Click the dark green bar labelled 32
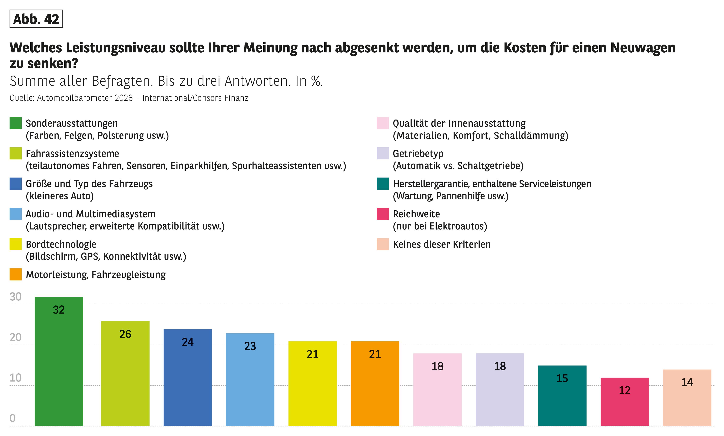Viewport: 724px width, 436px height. (59, 361)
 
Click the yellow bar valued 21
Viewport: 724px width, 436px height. (312, 383)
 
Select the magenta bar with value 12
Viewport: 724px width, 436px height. (624, 402)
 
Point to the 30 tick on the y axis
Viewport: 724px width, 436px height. (16, 297)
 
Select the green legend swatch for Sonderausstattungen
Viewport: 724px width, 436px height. (16, 123)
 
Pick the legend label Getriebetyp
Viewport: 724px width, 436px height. (418, 154)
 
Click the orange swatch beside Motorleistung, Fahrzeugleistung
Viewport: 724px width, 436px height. (16, 274)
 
